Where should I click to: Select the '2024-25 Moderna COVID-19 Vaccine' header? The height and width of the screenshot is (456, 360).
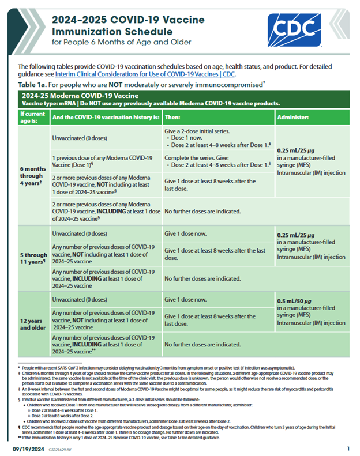[80, 95]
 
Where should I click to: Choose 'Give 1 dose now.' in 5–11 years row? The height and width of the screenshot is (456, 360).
[185, 233]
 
